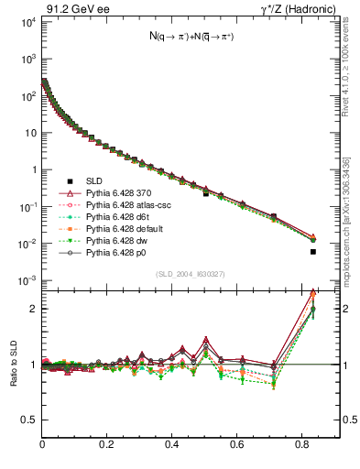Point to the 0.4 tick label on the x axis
(x=172, y=443)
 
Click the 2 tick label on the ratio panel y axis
(x=34, y=309)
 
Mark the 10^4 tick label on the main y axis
(x=27, y=21)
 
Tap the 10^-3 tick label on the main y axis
(x=27, y=280)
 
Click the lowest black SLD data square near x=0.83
(x=313, y=251)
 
